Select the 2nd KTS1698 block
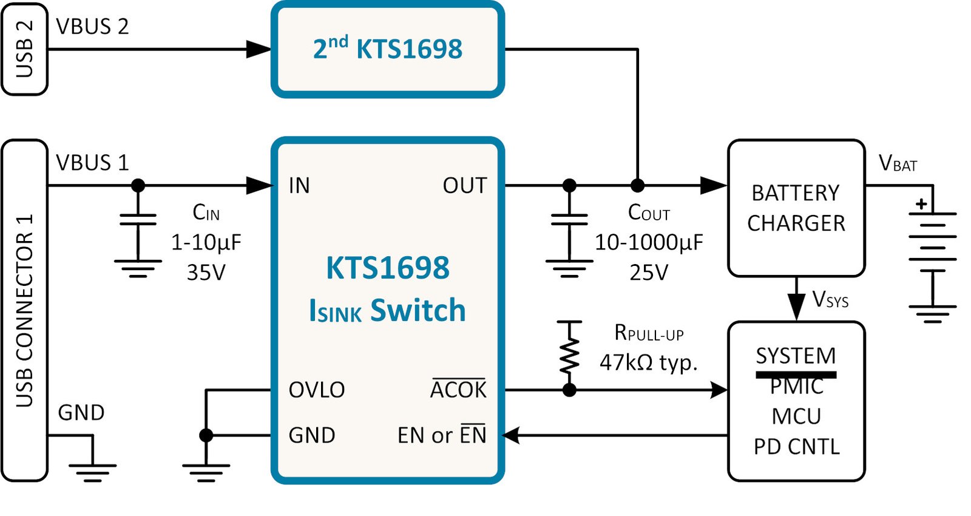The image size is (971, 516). click(x=388, y=49)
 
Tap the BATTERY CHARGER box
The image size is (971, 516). click(x=796, y=208)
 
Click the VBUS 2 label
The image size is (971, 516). click(x=92, y=27)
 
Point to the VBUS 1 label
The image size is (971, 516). click(x=92, y=163)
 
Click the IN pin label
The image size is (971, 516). click(x=299, y=186)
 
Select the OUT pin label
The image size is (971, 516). click(x=465, y=186)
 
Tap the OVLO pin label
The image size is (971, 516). click(x=316, y=390)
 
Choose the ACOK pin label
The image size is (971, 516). click(x=458, y=389)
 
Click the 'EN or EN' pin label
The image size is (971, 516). click(x=442, y=435)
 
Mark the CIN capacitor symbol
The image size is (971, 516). click(x=138, y=219)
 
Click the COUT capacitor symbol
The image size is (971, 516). click(x=569, y=219)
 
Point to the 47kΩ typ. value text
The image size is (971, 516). click(x=649, y=362)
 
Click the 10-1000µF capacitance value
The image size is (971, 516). click(x=649, y=242)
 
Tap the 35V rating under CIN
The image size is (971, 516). click(x=206, y=273)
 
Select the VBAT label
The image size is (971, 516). click(x=898, y=163)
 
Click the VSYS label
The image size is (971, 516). click(x=830, y=299)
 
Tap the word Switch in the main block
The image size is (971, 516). click(x=418, y=310)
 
